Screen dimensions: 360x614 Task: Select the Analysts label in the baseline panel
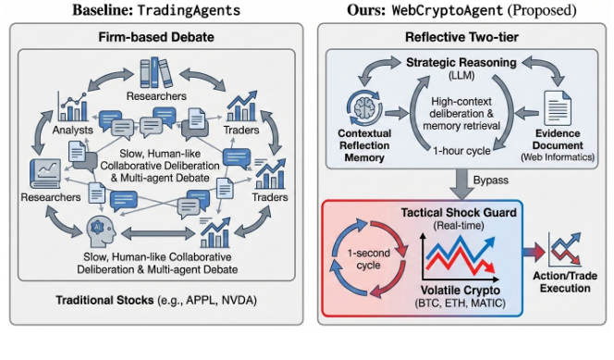74,130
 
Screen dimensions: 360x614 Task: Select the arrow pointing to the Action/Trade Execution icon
534,253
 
